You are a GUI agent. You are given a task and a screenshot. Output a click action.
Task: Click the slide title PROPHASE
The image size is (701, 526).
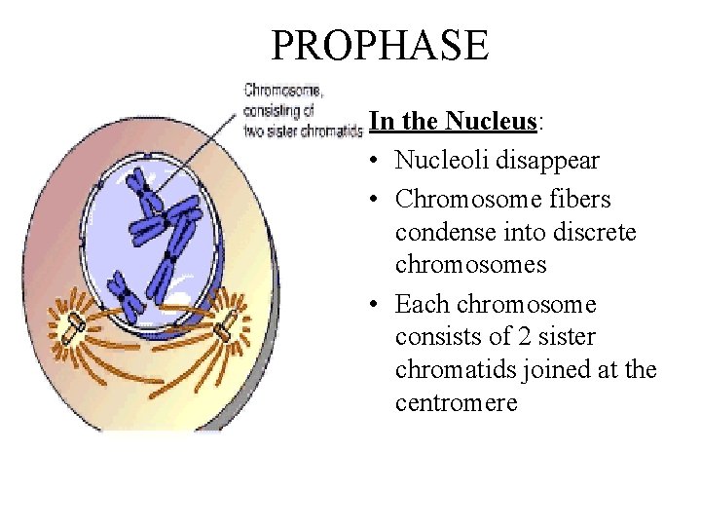pos(380,46)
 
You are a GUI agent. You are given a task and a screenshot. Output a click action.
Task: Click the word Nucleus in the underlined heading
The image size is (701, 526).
pos(491,121)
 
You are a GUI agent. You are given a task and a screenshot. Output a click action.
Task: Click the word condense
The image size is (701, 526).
pos(441,233)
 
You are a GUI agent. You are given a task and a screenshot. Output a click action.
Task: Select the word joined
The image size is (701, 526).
pos(552,371)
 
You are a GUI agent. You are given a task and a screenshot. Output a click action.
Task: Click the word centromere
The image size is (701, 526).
pos(457,403)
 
